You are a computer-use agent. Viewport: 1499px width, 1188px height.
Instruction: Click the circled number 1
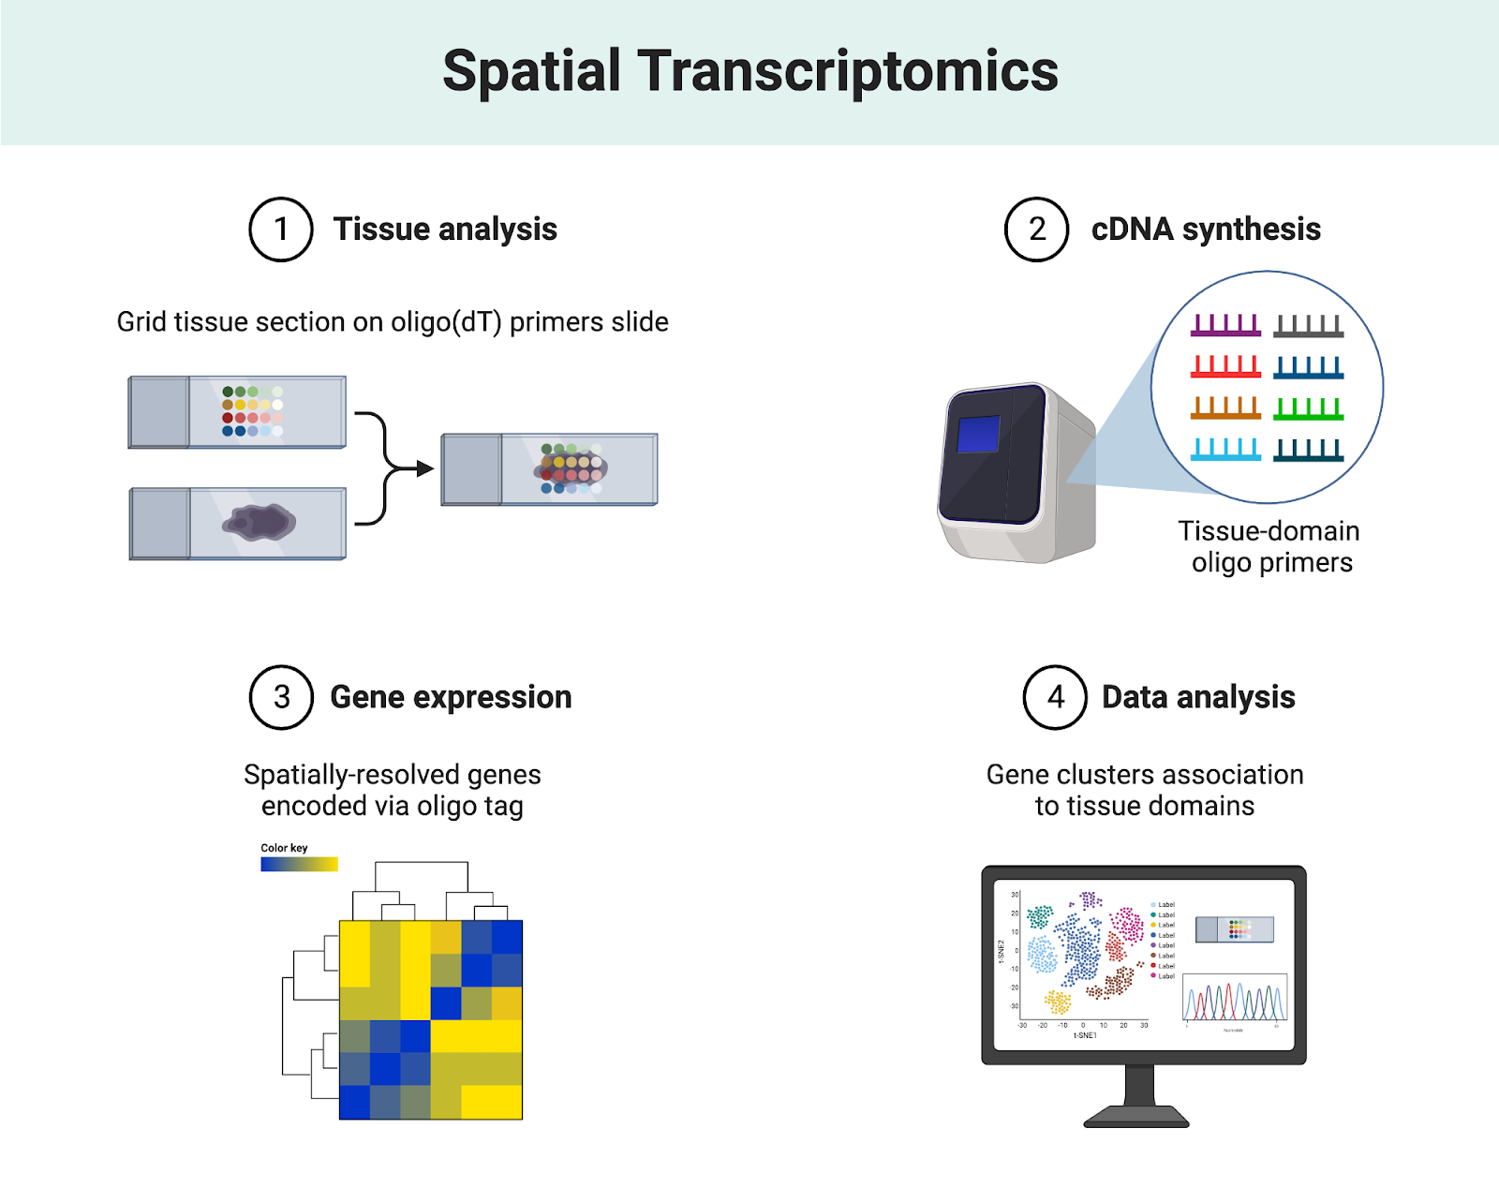click(280, 230)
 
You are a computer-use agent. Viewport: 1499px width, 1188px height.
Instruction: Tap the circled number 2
click(1036, 230)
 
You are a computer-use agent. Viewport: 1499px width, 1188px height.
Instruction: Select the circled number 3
click(281, 697)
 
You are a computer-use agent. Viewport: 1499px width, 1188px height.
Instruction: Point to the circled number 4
click(1055, 697)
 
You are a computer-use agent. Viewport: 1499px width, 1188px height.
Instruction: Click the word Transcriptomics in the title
click(848, 71)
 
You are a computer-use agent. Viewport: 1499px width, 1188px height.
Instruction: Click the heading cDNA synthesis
click(1206, 230)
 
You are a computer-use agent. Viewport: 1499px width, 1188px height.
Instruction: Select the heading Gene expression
click(451, 697)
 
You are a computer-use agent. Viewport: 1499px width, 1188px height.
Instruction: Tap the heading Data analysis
click(1198, 697)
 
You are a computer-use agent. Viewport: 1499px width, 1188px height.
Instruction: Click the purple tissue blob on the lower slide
click(259, 522)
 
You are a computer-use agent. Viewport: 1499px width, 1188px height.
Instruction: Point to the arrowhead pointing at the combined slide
click(426, 468)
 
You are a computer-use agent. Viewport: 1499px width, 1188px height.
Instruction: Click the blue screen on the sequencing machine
click(978, 435)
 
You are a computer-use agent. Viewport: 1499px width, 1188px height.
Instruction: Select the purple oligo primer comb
click(1225, 325)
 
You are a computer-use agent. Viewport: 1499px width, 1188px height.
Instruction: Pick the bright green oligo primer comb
click(1309, 408)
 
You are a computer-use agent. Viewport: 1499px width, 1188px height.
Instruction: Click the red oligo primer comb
click(1225, 366)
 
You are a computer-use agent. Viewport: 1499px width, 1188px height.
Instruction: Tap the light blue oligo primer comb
click(1225, 450)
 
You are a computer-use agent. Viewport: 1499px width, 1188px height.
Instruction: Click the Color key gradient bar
click(299, 865)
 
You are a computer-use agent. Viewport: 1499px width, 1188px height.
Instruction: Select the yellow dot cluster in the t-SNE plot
click(1058, 1002)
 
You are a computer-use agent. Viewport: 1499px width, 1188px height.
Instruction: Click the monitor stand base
click(1136, 1117)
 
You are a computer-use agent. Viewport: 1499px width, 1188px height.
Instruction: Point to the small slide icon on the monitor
click(1235, 929)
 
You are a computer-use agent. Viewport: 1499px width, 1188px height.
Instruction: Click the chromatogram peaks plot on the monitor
click(1235, 1000)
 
